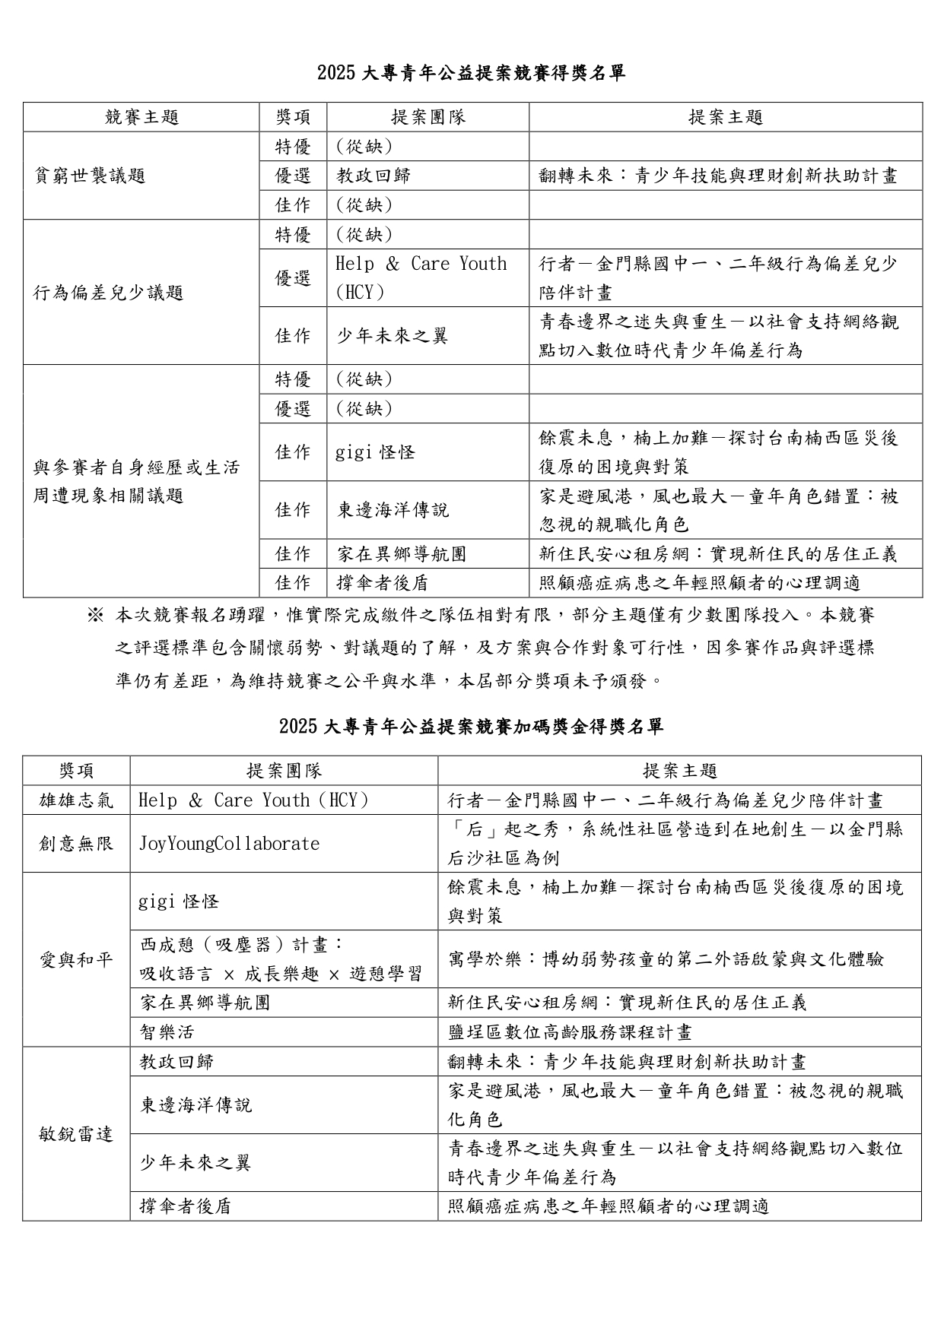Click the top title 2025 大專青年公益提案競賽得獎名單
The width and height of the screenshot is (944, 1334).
(471, 73)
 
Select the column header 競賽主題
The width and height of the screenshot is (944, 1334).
(141, 117)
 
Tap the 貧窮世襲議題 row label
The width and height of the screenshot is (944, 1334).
(90, 176)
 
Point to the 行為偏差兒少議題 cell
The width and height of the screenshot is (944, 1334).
(109, 293)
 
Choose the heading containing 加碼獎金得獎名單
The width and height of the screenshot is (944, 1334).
(471, 727)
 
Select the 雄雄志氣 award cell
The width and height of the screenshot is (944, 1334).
(76, 800)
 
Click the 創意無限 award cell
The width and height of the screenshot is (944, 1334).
(76, 844)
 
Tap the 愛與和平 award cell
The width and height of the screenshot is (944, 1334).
(76, 959)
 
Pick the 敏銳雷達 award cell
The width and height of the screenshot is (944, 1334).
(76, 1134)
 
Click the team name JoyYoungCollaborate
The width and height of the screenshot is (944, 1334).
(229, 844)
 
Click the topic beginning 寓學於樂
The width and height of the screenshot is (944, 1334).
(666, 959)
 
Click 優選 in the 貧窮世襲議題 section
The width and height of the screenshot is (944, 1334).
(293, 176)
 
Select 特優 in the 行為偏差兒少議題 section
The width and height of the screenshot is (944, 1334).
(293, 235)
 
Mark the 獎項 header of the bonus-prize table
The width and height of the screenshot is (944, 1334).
(76, 771)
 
